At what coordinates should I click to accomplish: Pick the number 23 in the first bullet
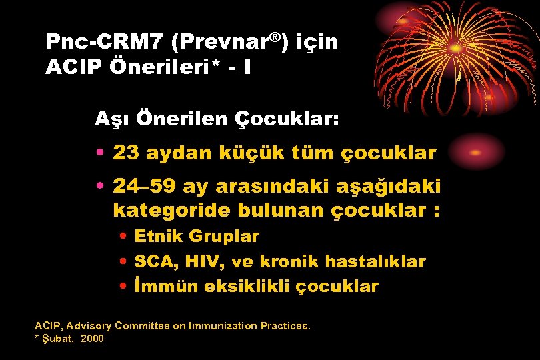[125, 153]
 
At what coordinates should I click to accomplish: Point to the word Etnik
[159, 237]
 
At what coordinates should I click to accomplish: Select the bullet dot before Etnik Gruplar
[125, 237]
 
